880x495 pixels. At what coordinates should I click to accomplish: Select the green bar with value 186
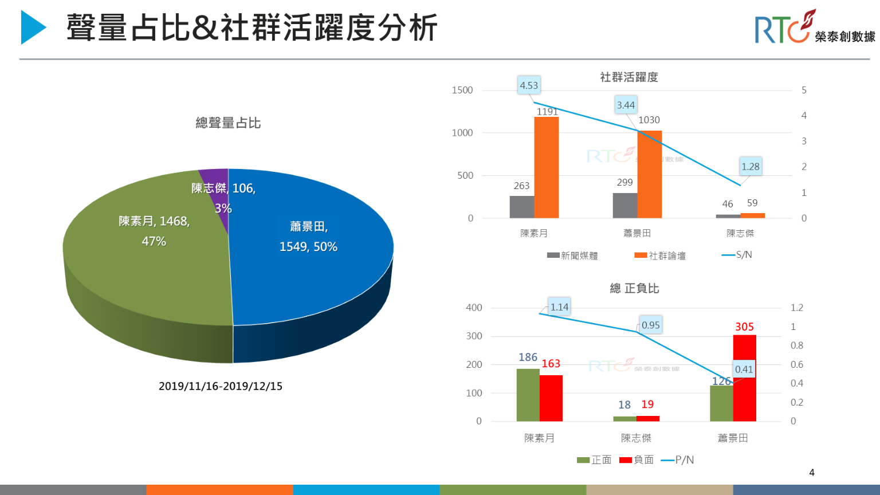tap(528, 395)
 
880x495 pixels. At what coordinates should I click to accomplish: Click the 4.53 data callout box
tap(529, 85)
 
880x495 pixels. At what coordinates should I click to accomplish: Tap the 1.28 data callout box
tap(750, 167)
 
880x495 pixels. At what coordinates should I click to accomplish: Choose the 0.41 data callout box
tap(744, 370)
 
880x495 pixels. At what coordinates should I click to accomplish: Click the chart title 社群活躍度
tap(629, 77)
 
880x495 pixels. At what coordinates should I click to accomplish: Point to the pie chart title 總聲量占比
tap(228, 123)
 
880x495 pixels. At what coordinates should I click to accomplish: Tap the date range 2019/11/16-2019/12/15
tap(221, 386)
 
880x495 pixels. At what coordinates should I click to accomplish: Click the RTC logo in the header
tap(814, 27)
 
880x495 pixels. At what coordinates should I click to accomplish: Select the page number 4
tap(812, 473)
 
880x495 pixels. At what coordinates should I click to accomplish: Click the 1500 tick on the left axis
tap(462, 91)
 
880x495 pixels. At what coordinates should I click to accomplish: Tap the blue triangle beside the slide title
tap(33, 27)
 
